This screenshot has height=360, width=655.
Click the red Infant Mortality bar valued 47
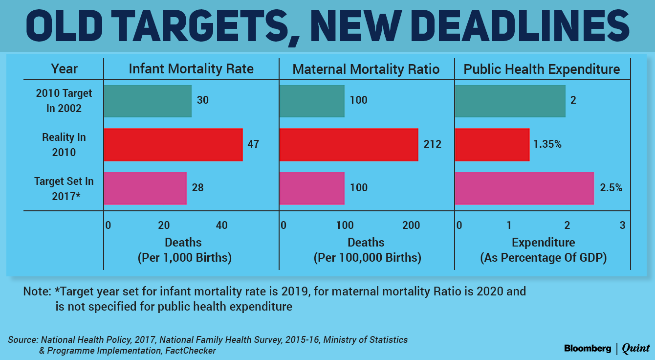tap(173, 144)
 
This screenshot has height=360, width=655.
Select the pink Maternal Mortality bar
tap(311, 188)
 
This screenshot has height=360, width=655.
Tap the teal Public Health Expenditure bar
tap(510, 101)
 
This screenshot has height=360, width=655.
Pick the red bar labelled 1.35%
tap(492, 144)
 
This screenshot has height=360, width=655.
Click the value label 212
tap(433, 144)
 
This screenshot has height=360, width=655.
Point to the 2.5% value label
tap(611, 188)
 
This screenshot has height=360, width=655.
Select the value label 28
tap(197, 188)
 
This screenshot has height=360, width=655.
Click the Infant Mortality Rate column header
tap(191, 69)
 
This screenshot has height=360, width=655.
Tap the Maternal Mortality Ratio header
tap(366, 69)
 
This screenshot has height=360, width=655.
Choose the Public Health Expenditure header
tap(542, 69)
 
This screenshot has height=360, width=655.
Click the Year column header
tap(64, 69)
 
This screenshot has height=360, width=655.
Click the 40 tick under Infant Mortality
tap(221, 225)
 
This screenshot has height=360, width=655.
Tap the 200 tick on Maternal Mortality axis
tap(411, 225)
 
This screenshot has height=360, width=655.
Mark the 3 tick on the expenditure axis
tap(622, 225)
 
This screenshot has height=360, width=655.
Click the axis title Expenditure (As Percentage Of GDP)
tap(543, 250)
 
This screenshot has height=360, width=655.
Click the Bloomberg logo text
tap(588, 349)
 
